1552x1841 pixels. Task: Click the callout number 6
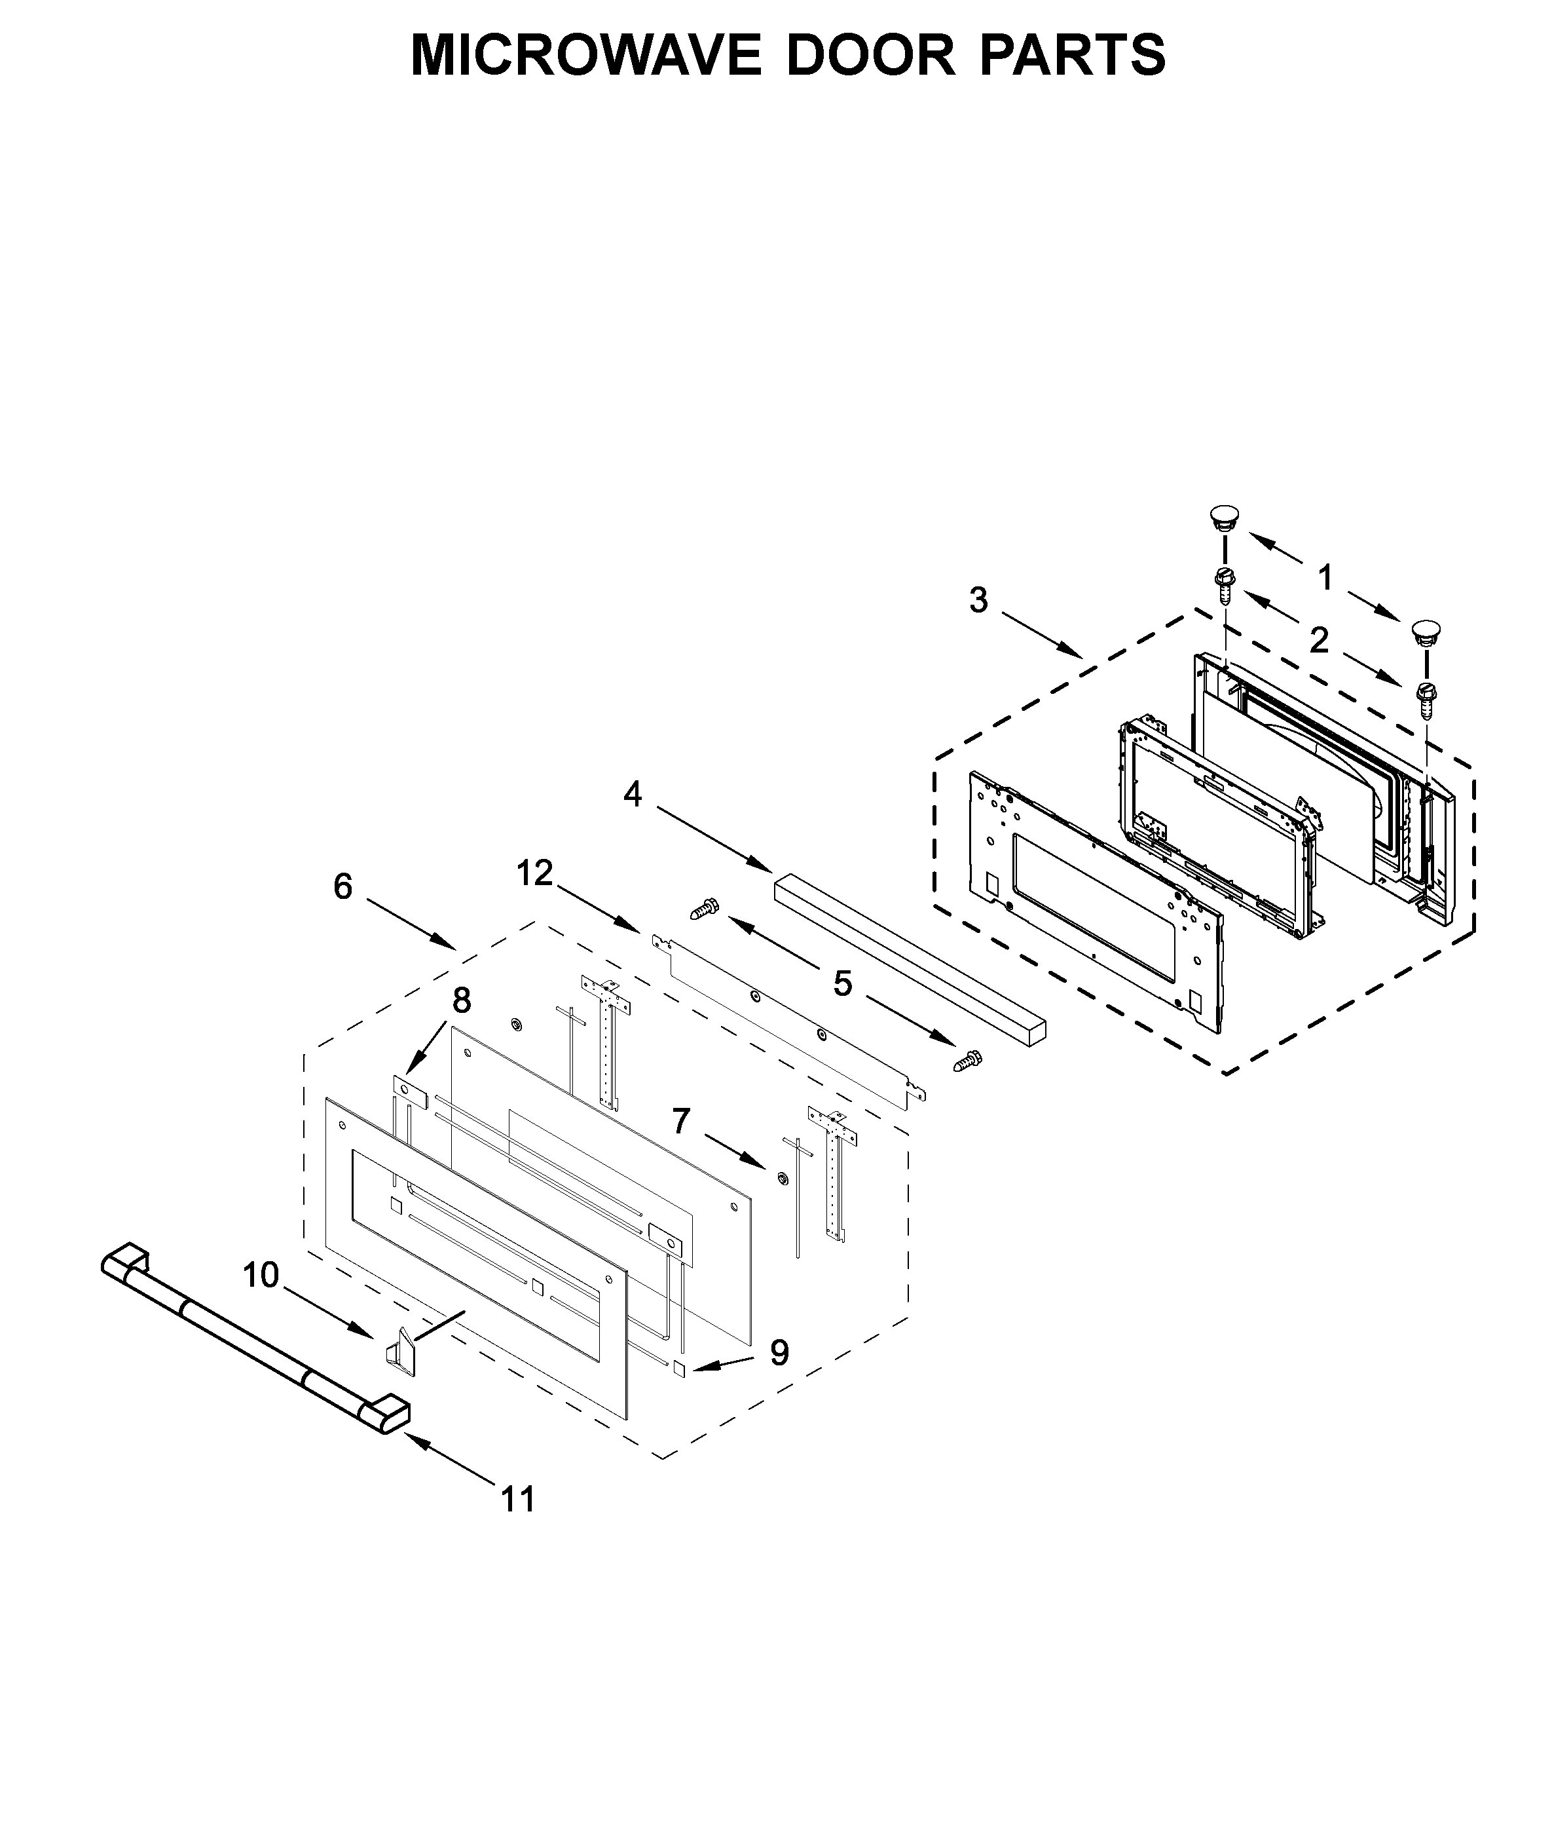[343, 887]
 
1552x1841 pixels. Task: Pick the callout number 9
[779, 1354]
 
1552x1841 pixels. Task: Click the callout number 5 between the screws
[843, 985]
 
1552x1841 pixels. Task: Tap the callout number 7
[681, 1122]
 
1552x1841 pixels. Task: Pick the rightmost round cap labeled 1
[1426, 632]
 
